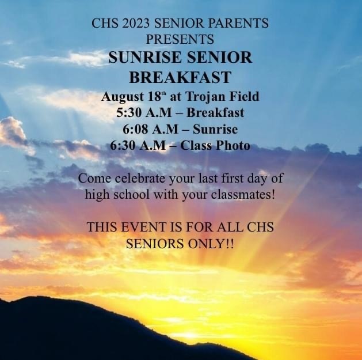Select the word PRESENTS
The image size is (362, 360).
180,39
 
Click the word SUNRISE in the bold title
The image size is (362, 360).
145,57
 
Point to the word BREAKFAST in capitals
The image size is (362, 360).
180,77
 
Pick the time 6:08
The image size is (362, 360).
135,129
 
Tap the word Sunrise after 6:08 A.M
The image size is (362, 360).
215,129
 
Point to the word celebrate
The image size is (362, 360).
140,179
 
